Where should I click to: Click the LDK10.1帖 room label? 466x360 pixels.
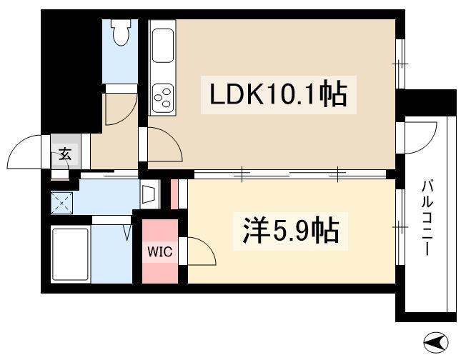[x=279, y=95]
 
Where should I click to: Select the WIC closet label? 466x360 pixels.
[x=160, y=252]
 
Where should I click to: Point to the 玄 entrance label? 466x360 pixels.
[x=65, y=154]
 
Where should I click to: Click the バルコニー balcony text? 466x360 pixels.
[x=427, y=218]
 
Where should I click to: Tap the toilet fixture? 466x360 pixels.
[x=120, y=32]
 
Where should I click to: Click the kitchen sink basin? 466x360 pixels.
[x=162, y=46]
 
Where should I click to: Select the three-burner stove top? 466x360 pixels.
[x=162, y=96]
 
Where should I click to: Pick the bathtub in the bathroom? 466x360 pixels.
[x=71, y=254]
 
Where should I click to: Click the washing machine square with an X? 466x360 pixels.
[x=61, y=203]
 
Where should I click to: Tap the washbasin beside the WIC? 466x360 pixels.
[x=149, y=194]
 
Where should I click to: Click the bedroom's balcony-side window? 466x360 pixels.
[x=400, y=227]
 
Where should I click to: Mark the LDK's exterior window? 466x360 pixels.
[x=400, y=64]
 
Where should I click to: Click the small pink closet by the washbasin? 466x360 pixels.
[x=174, y=194]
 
